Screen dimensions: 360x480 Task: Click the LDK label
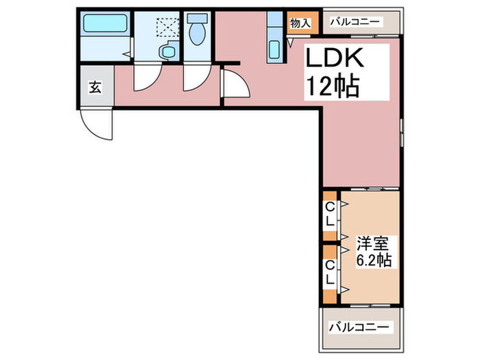point(335,58)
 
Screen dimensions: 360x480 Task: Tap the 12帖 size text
point(332,86)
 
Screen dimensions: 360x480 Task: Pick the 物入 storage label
point(300,23)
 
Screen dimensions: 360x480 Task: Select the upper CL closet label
point(331,215)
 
